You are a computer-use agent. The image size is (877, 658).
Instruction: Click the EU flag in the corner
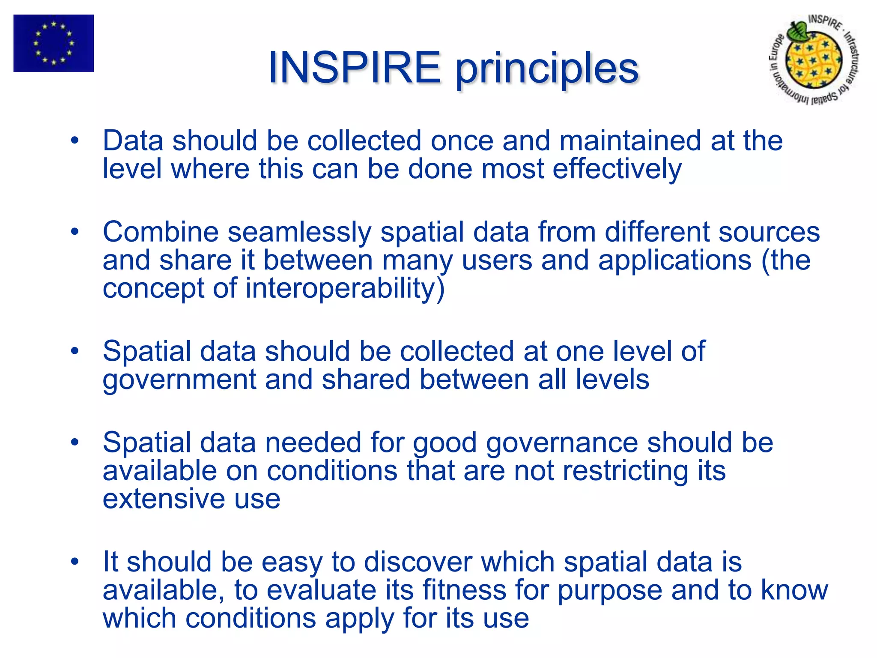[54, 43]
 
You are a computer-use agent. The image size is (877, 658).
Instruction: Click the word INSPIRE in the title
[354, 68]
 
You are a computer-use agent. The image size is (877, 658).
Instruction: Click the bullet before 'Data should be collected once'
[75, 141]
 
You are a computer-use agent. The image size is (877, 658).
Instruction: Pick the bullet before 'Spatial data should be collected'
[75, 351]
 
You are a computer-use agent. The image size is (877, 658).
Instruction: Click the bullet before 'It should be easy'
[75, 562]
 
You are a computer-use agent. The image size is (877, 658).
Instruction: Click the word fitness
[464, 590]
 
